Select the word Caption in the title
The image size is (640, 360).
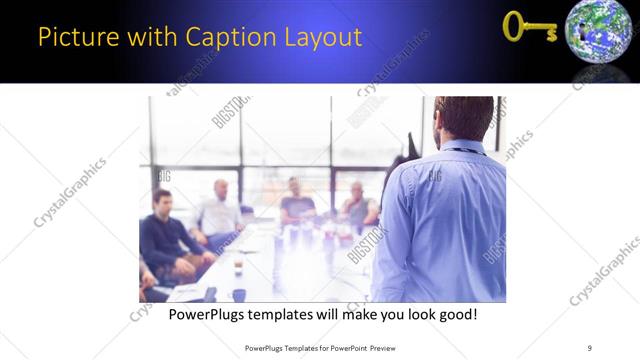tap(222, 39)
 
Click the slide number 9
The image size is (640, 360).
tap(590, 347)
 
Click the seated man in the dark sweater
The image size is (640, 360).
tap(163, 233)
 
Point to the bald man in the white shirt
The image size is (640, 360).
tap(219, 211)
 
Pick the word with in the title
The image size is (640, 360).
tap(148, 39)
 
